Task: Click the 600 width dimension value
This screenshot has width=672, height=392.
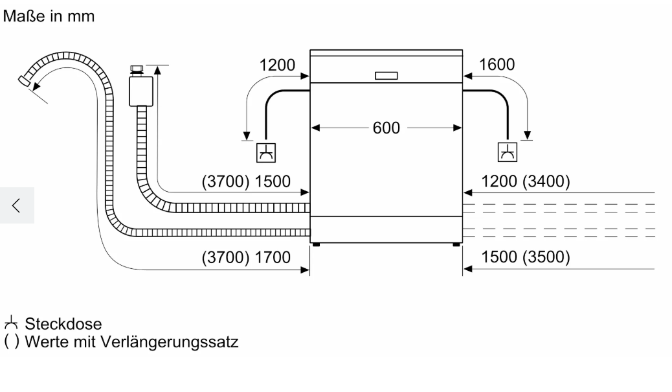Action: (x=386, y=128)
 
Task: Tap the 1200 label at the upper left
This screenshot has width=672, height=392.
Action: (x=277, y=65)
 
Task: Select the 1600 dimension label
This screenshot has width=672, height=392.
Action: (x=497, y=65)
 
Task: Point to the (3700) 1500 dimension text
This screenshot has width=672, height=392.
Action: (x=246, y=181)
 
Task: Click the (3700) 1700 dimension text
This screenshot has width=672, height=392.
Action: (x=246, y=257)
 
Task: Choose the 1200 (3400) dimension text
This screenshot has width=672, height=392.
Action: (x=526, y=181)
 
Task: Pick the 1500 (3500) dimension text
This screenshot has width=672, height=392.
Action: (x=526, y=257)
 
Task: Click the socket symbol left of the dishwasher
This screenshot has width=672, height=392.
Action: (x=265, y=153)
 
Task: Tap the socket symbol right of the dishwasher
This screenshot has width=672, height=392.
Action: (x=508, y=152)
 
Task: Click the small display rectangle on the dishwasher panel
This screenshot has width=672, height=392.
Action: (x=386, y=76)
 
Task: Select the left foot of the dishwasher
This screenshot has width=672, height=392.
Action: (x=317, y=244)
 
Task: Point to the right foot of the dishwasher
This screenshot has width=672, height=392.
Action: (x=456, y=244)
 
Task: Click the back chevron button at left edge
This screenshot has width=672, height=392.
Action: (x=17, y=205)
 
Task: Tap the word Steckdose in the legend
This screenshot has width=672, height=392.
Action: (x=63, y=324)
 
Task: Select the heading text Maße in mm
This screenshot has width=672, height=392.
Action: (x=49, y=16)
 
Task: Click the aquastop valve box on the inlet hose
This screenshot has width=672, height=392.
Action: (x=141, y=91)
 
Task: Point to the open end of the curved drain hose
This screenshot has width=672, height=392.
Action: (x=24, y=80)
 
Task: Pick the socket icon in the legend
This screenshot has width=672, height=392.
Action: (x=11, y=323)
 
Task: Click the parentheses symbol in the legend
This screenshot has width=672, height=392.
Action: (x=12, y=342)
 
